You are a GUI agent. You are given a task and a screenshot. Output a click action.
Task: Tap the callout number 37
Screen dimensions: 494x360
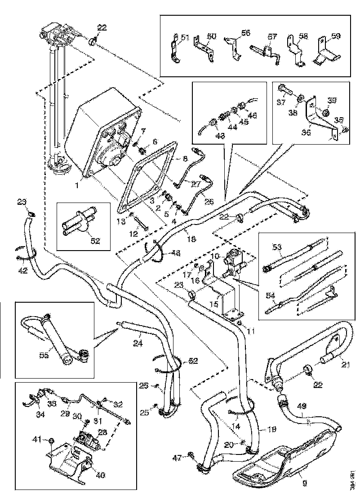(281, 102)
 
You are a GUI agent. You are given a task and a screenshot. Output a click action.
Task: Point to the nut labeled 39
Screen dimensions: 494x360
(327, 112)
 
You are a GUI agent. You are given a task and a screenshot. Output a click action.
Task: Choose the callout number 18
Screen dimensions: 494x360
(191, 239)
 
